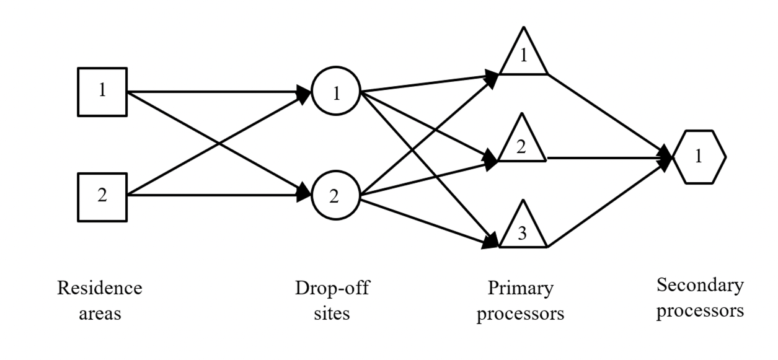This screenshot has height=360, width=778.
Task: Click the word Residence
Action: coord(100,288)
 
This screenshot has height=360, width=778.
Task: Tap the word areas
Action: coord(100,314)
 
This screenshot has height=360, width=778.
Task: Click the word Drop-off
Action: coord(332,288)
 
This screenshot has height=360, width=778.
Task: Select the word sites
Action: coord(332,313)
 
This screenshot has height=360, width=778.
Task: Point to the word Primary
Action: coord(520,289)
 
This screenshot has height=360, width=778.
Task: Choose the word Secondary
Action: coord(701,286)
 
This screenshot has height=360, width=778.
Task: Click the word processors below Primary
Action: coord(520,315)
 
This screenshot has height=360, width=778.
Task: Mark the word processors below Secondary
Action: coord(701,311)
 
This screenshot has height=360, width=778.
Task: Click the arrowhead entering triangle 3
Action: coord(490,240)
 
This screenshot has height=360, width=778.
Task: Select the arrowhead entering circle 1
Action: coord(303,94)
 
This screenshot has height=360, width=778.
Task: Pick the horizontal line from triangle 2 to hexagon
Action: coord(609,158)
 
